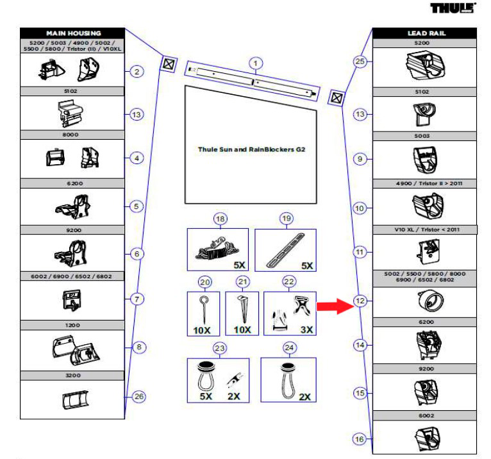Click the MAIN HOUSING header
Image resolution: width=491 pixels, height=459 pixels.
pos(73,33)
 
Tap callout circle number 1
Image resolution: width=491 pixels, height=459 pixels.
pos(256,63)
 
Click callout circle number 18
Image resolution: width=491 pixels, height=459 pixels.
pos(221,219)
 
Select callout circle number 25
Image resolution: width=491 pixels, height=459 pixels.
pos(360,62)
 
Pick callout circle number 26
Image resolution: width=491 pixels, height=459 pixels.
pos(138,396)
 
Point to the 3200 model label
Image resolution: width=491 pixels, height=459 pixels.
pos(73,376)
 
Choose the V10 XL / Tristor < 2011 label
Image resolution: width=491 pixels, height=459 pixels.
pos(425,229)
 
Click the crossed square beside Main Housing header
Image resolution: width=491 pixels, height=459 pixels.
pos(168,64)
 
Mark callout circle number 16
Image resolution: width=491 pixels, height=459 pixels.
pos(360,438)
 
